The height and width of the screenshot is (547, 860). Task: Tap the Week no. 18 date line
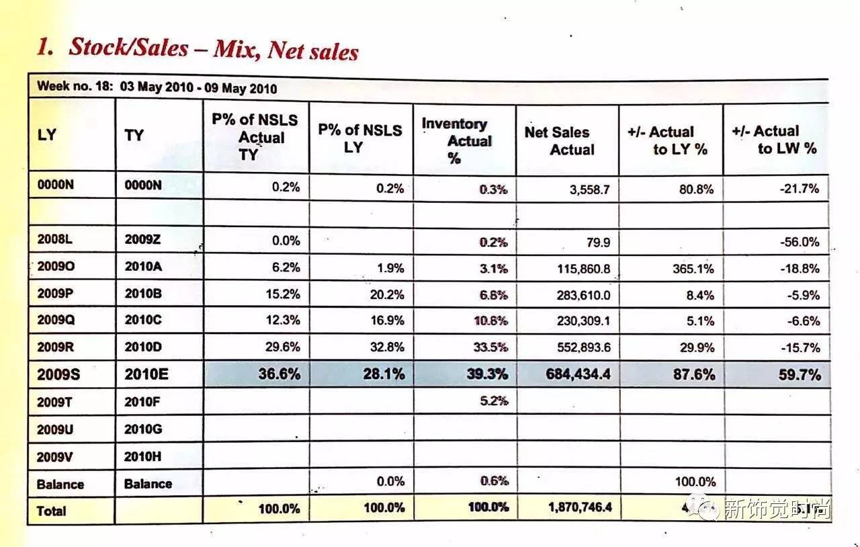(x=157, y=88)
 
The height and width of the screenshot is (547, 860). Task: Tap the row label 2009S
(x=58, y=374)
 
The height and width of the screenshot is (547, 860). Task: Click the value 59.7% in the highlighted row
(x=799, y=374)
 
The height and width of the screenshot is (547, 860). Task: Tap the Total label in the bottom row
(x=52, y=511)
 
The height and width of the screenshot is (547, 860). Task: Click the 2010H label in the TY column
(x=142, y=456)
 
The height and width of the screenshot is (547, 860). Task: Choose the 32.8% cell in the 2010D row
(x=386, y=347)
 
